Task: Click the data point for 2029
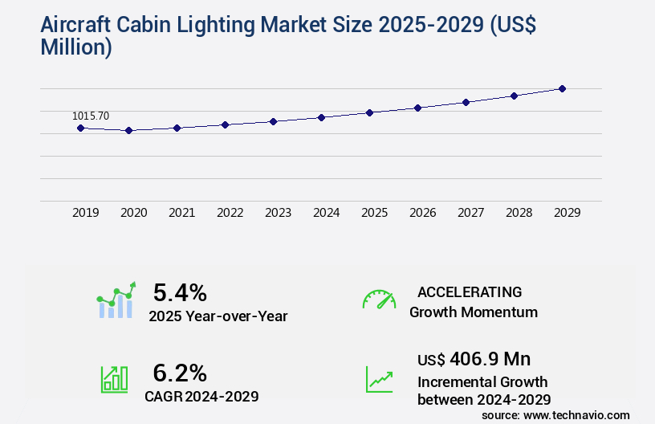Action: point(562,88)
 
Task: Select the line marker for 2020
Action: point(128,130)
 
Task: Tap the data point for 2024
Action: point(321,117)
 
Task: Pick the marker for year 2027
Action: point(466,102)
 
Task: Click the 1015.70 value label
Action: point(91,116)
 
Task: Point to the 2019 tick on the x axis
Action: point(86,213)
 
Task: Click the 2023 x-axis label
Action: point(279,213)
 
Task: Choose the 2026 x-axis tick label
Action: point(423,213)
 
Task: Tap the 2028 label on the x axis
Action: point(519,213)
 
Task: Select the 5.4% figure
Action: point(180,291)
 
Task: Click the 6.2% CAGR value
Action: point(180,373)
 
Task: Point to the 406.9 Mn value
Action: point(490,359)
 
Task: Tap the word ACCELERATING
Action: point(470,291)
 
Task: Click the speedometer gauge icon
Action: point(379,300)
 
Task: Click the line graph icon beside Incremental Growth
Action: point(379,379)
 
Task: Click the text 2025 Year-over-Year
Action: point(218,316)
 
